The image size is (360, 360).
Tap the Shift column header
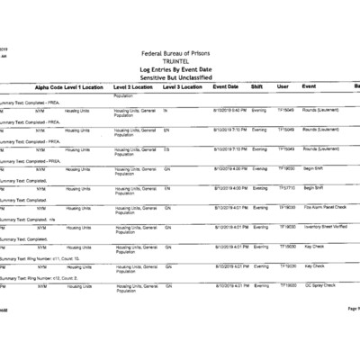pos(258,86)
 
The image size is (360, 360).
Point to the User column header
pos(283,86)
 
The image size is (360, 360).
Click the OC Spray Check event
pos(320,285)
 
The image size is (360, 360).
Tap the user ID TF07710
pos(286,188)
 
